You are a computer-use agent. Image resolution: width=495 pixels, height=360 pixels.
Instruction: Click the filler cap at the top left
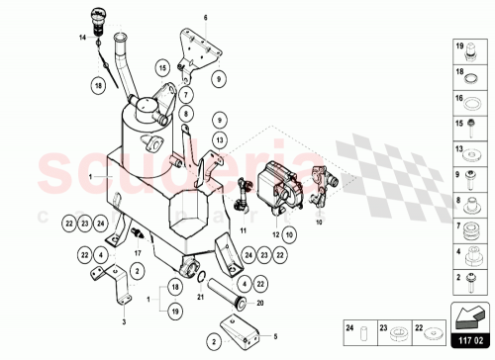coord(98,17)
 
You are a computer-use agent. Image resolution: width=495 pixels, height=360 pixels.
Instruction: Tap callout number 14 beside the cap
coord(84,37)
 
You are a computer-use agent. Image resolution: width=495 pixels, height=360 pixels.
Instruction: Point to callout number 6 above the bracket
coord(206,19)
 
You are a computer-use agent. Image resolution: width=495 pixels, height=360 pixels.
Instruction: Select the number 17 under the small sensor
coord(139,252)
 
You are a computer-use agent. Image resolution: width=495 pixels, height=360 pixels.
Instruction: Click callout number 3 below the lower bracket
coord(124,321)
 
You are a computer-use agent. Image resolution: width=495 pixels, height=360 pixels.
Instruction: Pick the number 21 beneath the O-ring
coord(198,296)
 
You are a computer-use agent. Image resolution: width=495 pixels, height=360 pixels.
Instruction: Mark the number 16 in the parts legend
coord(459,100)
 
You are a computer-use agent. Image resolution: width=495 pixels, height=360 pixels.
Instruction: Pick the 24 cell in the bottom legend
coord(348,328)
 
